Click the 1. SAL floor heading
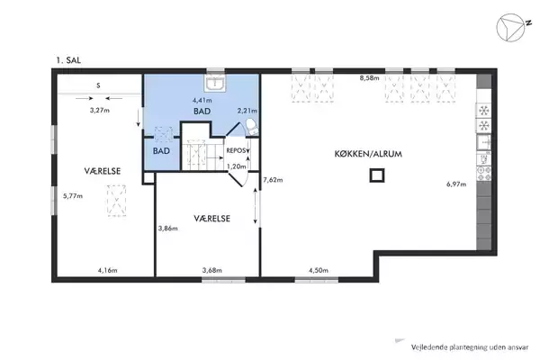(68, 60)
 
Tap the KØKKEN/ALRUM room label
(368, 154)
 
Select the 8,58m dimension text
(369, 78)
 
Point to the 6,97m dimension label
(456, 184)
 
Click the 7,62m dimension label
(273, 180)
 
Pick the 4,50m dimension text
(319, 270)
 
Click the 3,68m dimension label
(211, 270)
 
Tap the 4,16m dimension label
(107, 270)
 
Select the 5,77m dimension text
(73, 196)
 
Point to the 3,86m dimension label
(167, 228)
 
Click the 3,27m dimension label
(100, 111)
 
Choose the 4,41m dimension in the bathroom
(202, 101)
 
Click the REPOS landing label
(236, 151)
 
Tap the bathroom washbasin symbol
(214, 83)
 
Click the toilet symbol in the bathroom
(252, 127)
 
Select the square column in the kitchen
(377, 175)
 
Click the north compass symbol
(511, 28)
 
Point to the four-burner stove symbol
(483, 174)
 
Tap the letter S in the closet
(98, 85)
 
